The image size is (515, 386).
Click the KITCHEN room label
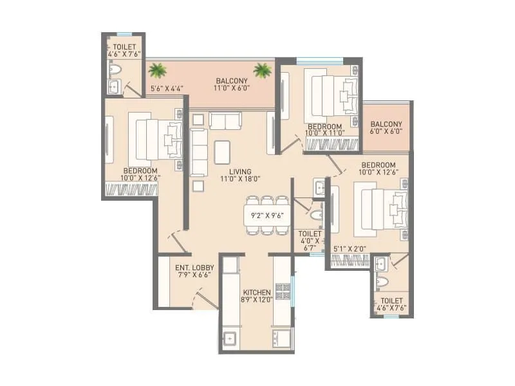coord(256,292)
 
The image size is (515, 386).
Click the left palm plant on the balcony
coord(156,69)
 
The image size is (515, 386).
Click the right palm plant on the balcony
coord(261,69)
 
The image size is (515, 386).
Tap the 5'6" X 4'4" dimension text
coord(166,89)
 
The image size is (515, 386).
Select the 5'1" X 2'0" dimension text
coord(350,248)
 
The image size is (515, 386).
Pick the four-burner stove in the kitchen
coord(282,292)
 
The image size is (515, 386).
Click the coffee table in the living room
coord(223,152)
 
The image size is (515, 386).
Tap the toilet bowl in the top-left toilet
coord(115,68)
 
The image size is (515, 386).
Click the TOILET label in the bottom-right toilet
coord(391,300)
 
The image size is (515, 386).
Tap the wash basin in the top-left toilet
coord(114,86)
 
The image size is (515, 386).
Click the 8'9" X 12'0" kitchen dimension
coord(256,300)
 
